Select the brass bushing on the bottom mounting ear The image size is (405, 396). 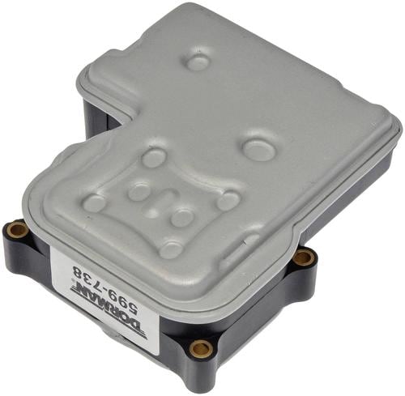(x=200, y=348)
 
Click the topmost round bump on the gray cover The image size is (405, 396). (x=198, y=62)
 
